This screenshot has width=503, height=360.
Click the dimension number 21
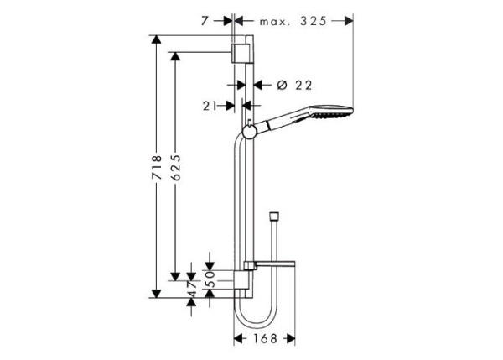[210, 105]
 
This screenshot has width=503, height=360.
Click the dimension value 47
[192, 286]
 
